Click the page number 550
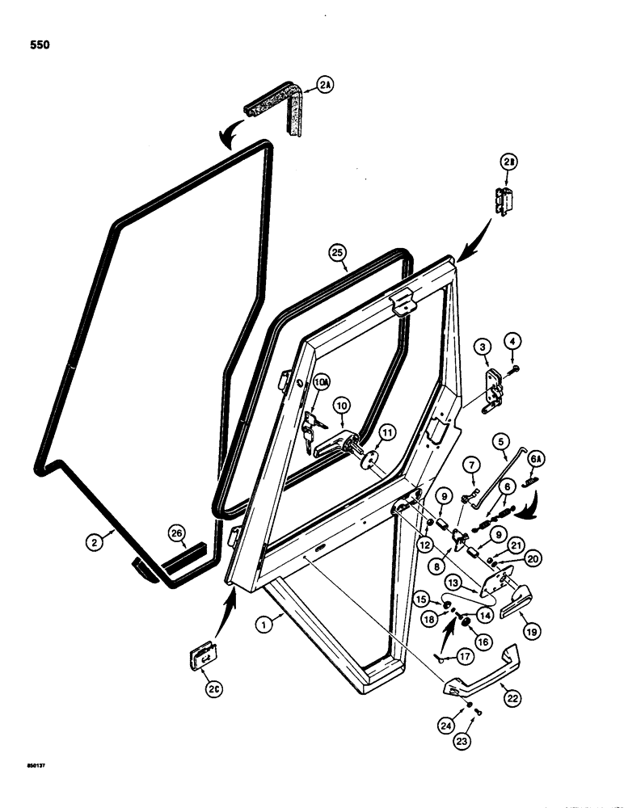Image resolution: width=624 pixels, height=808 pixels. pyautogui.click(x=37, y=45)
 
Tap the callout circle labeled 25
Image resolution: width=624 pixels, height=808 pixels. pyautogui.click(x=338, y=252)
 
